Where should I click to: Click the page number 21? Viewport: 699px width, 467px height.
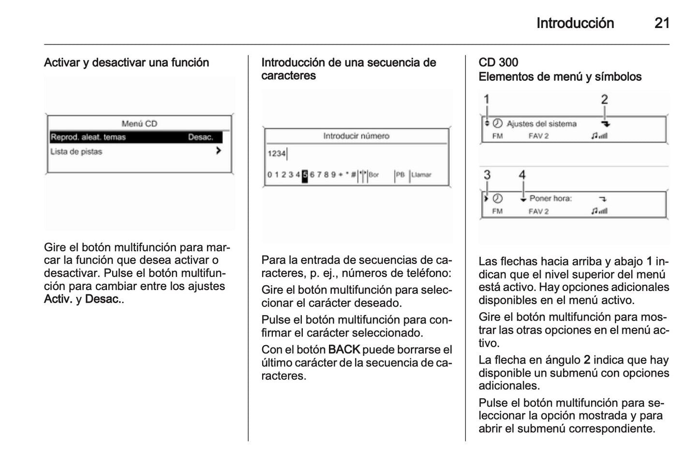click(x=661, y=23)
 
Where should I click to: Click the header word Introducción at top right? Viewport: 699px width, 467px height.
click(x=575, y=23)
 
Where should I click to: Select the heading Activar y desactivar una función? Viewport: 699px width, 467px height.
click(x=126, y=62)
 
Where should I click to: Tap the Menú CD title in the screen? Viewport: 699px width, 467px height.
click(x=139, y=124)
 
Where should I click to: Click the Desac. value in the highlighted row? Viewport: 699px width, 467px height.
click(x=200, y=137)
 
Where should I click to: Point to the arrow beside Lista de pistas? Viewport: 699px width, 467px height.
click(x=219, y=151)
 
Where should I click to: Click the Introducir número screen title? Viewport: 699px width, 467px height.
click(x=356, y=136)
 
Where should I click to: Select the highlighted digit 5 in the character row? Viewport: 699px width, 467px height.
click(x=305, y=175)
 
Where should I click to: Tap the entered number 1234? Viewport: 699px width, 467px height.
click(x=276, y=154)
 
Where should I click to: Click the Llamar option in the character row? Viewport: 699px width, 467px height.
click(x=421, y=175)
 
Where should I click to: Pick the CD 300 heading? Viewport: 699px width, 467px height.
click(x=498, y=62)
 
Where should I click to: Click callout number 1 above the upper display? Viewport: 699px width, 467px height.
click(x=487, y=100)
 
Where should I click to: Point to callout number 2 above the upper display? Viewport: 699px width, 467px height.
click(x=604, y=100)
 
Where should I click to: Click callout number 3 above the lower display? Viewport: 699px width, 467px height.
click(x=487, y=175)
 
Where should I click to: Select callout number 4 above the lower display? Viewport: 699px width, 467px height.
click(x=522, y=175)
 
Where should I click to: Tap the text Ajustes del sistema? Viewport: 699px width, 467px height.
click(x=541, y=124)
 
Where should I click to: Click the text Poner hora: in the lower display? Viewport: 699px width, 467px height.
click(x=550, y=198)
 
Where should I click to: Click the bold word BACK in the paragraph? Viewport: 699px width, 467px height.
click(x=344, y=350)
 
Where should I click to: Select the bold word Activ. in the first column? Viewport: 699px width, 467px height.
click(x=58, y=299)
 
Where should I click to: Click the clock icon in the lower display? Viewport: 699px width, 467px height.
click(x=498, y=198)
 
